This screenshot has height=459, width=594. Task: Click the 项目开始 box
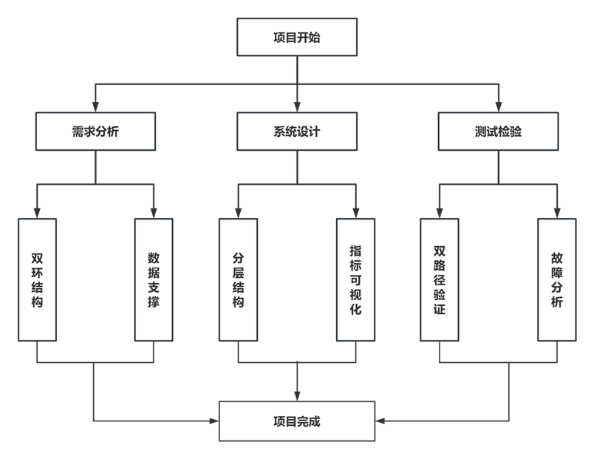297,38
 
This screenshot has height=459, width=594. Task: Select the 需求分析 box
95,132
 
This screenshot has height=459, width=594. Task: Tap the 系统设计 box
297,132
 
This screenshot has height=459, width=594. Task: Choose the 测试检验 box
498,132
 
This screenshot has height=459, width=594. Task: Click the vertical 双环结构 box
37,279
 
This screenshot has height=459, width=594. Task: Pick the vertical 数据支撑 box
154,279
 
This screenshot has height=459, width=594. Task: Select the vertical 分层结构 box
238,279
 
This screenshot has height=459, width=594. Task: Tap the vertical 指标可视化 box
355,279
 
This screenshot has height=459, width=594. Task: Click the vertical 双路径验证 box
440,279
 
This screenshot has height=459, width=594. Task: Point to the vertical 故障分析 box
556,279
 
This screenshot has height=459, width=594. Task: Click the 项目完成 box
297,421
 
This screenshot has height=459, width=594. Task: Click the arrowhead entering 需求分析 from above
95,107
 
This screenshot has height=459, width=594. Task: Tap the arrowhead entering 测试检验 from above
498,107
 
